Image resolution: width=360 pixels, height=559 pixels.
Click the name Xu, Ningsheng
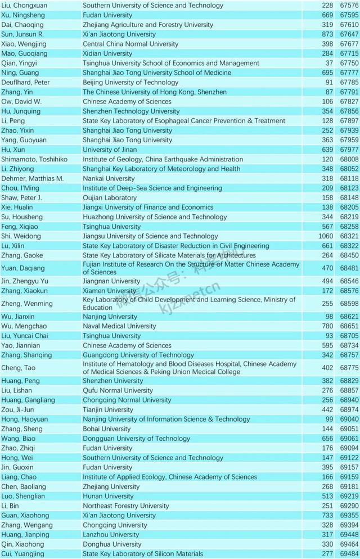pos(21,15)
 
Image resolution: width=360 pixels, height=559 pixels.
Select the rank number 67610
pos(346,25)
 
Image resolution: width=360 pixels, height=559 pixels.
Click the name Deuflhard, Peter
pos(25,83)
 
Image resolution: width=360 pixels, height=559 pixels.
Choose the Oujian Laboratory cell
pos(110,198)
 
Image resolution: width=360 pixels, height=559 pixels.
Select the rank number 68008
pos(346,159)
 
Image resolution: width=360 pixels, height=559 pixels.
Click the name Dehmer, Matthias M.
pos(32,178)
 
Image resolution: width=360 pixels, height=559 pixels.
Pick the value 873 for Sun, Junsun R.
pos(327,34)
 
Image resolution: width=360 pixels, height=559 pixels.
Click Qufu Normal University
pos(118,390)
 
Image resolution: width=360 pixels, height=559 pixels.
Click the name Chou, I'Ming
pos(21,188)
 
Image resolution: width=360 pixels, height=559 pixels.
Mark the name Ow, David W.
pos(21,102)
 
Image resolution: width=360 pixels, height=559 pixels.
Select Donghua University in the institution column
pos(112,544)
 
